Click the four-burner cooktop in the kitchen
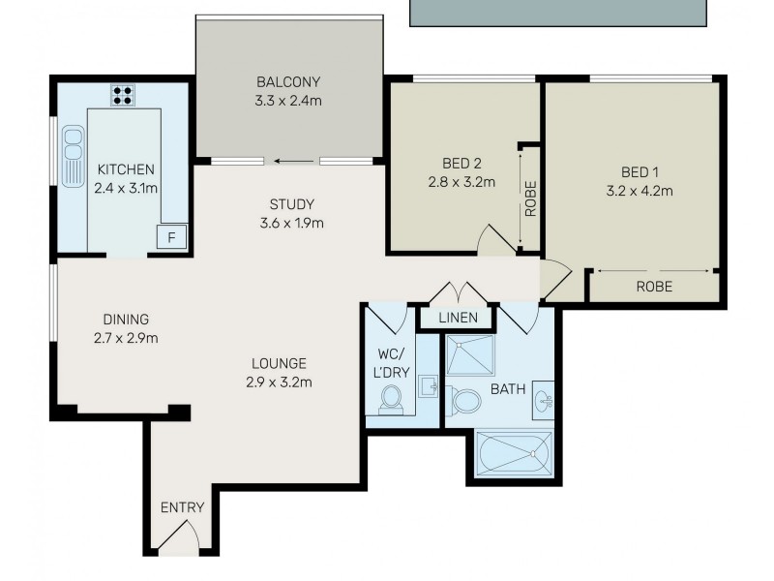[123, 95]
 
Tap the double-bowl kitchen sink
[72, 156]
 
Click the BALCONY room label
[288, 81]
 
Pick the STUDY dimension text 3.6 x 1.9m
[291, 223]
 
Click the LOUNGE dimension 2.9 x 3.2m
[279, 382]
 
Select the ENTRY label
[181, 507]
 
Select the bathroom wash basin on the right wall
[544, 397]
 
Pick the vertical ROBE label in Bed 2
[530, 198]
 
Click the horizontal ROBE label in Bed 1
[654, 287]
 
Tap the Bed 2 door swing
[495, 240]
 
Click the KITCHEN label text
[126, 170]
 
